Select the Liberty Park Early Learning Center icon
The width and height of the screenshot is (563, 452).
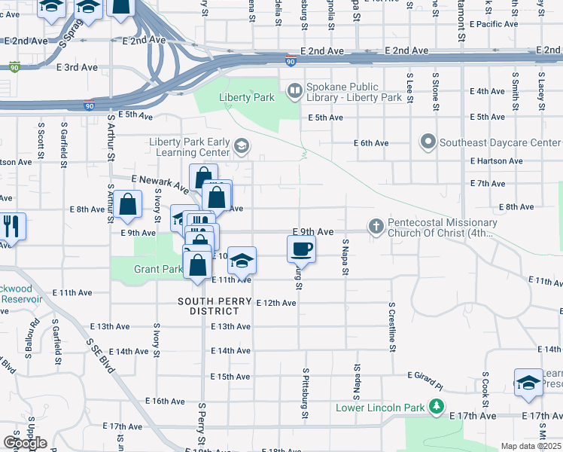[x=241, y=145]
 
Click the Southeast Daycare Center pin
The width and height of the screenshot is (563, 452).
[x=428, y=142]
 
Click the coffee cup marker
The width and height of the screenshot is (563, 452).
[x=301, y=248]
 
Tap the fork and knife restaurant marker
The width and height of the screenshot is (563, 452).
[x=11, y=225]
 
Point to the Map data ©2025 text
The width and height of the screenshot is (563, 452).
[x=531, y=446]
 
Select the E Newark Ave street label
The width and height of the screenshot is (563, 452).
[x=159, y=182]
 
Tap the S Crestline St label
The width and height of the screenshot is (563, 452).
[x=392, y=327]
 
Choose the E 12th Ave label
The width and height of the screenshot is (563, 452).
[x=276, y=303]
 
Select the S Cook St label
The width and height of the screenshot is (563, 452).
[x=485, y=384]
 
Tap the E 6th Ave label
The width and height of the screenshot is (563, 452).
[x=371, y=143]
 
